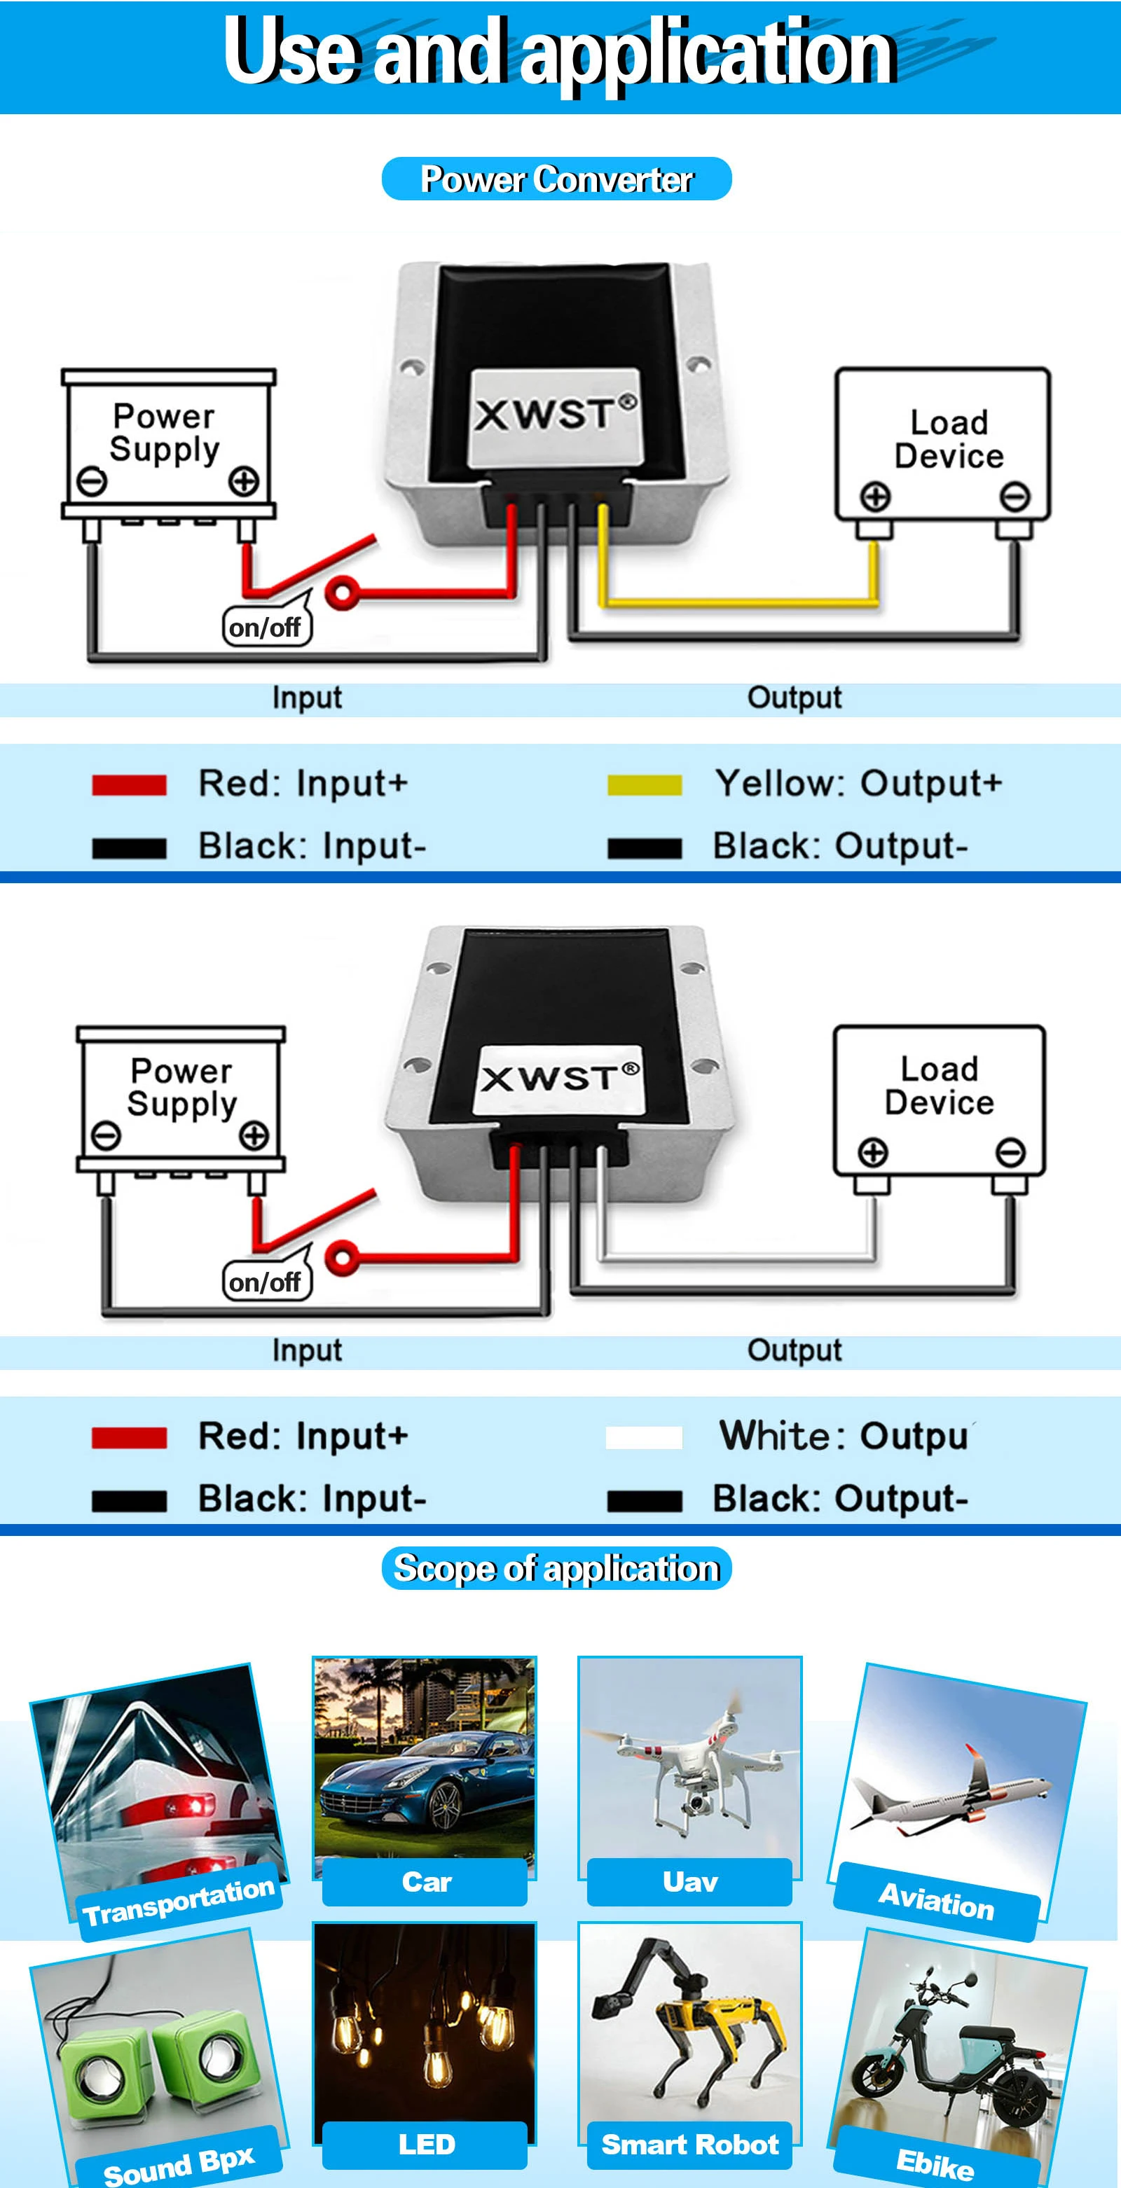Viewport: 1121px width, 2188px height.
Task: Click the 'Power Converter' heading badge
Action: (557, 179)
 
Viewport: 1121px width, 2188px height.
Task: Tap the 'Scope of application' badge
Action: (557, 1568)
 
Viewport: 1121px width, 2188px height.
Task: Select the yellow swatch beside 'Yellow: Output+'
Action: (644, 785)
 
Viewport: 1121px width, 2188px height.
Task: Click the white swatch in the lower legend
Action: (644, 1437)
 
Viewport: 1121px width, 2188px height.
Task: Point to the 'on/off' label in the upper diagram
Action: (265, 628)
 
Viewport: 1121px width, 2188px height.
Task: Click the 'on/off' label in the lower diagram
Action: (265, 1282)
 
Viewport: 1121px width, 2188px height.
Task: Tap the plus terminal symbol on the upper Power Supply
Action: (244, 482)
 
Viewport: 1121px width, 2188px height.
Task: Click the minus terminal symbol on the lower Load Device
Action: (1010, 1153)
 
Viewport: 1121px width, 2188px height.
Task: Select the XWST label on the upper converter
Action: (554, 415)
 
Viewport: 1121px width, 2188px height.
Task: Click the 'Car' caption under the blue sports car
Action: (426, 1881)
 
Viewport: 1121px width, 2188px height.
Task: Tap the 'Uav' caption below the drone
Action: (690, 1881)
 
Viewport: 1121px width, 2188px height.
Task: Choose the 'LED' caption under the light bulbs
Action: (426, 2144)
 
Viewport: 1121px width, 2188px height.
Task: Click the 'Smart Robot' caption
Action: (690, 2144)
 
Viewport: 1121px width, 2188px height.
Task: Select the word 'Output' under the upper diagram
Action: (794, 698)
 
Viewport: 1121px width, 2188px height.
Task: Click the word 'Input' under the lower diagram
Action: (307, 1350)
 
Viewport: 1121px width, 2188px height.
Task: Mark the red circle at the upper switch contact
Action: (342, 592)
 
